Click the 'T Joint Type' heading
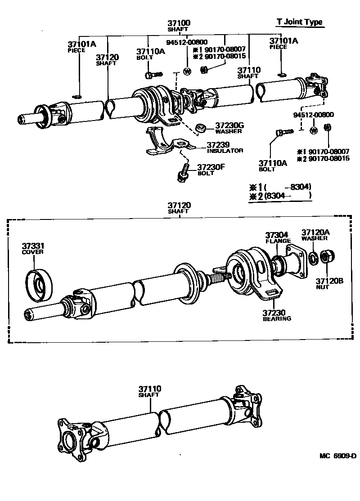[299, 22]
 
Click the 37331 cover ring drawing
[38, 284]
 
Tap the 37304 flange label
[277, 237]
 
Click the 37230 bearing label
[277, 315]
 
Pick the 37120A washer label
[315, 234]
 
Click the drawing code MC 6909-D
[337, 456]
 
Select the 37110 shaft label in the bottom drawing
[149, 391]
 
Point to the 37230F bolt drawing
[183, 173]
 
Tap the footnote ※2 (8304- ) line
[280, 196]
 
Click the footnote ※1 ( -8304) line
[280, 187]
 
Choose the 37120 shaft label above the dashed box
[179, 207]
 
